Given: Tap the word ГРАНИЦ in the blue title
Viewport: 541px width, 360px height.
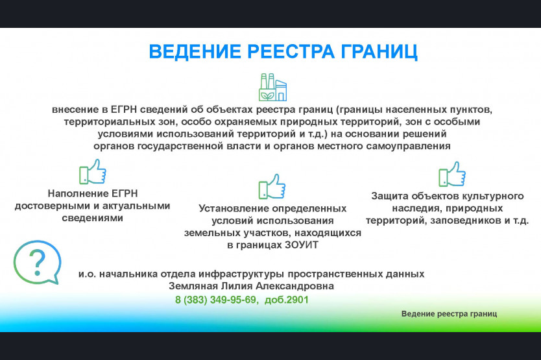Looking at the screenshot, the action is coord(379,52).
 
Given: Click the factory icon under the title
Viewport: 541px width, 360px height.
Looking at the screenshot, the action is coord(272,87).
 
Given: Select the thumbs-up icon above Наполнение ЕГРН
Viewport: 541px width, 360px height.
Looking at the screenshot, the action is coord(93,171).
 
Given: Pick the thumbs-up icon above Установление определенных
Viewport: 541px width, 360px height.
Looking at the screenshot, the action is coord(272,186).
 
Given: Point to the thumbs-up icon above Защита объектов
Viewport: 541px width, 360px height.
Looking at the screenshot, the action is coord(452,174).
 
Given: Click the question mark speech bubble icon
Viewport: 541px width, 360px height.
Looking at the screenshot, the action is coord(37,262).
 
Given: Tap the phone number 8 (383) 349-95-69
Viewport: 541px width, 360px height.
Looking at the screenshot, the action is coord(216,300).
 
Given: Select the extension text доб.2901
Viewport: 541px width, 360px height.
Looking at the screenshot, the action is coord(286,300).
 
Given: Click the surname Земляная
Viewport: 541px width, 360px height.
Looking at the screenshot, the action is coord(193,286).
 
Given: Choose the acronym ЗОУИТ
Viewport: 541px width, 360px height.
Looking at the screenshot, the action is coord(302,245).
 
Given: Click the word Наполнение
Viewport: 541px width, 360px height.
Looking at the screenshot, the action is coord(73,193).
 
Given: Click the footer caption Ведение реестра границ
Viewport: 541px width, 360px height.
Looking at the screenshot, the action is coord(450,314).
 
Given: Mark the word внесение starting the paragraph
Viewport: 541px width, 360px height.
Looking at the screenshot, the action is coord(75,110).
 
